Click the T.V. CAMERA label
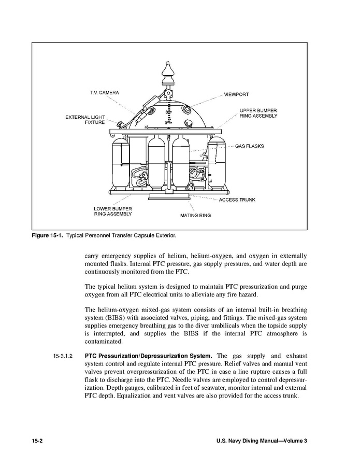tap(105, 93)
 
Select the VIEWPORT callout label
tap(236, 95)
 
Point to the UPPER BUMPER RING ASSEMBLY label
tap(258, 113)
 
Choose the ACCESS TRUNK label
tap(237, 200)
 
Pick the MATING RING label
tap(195, 215)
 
